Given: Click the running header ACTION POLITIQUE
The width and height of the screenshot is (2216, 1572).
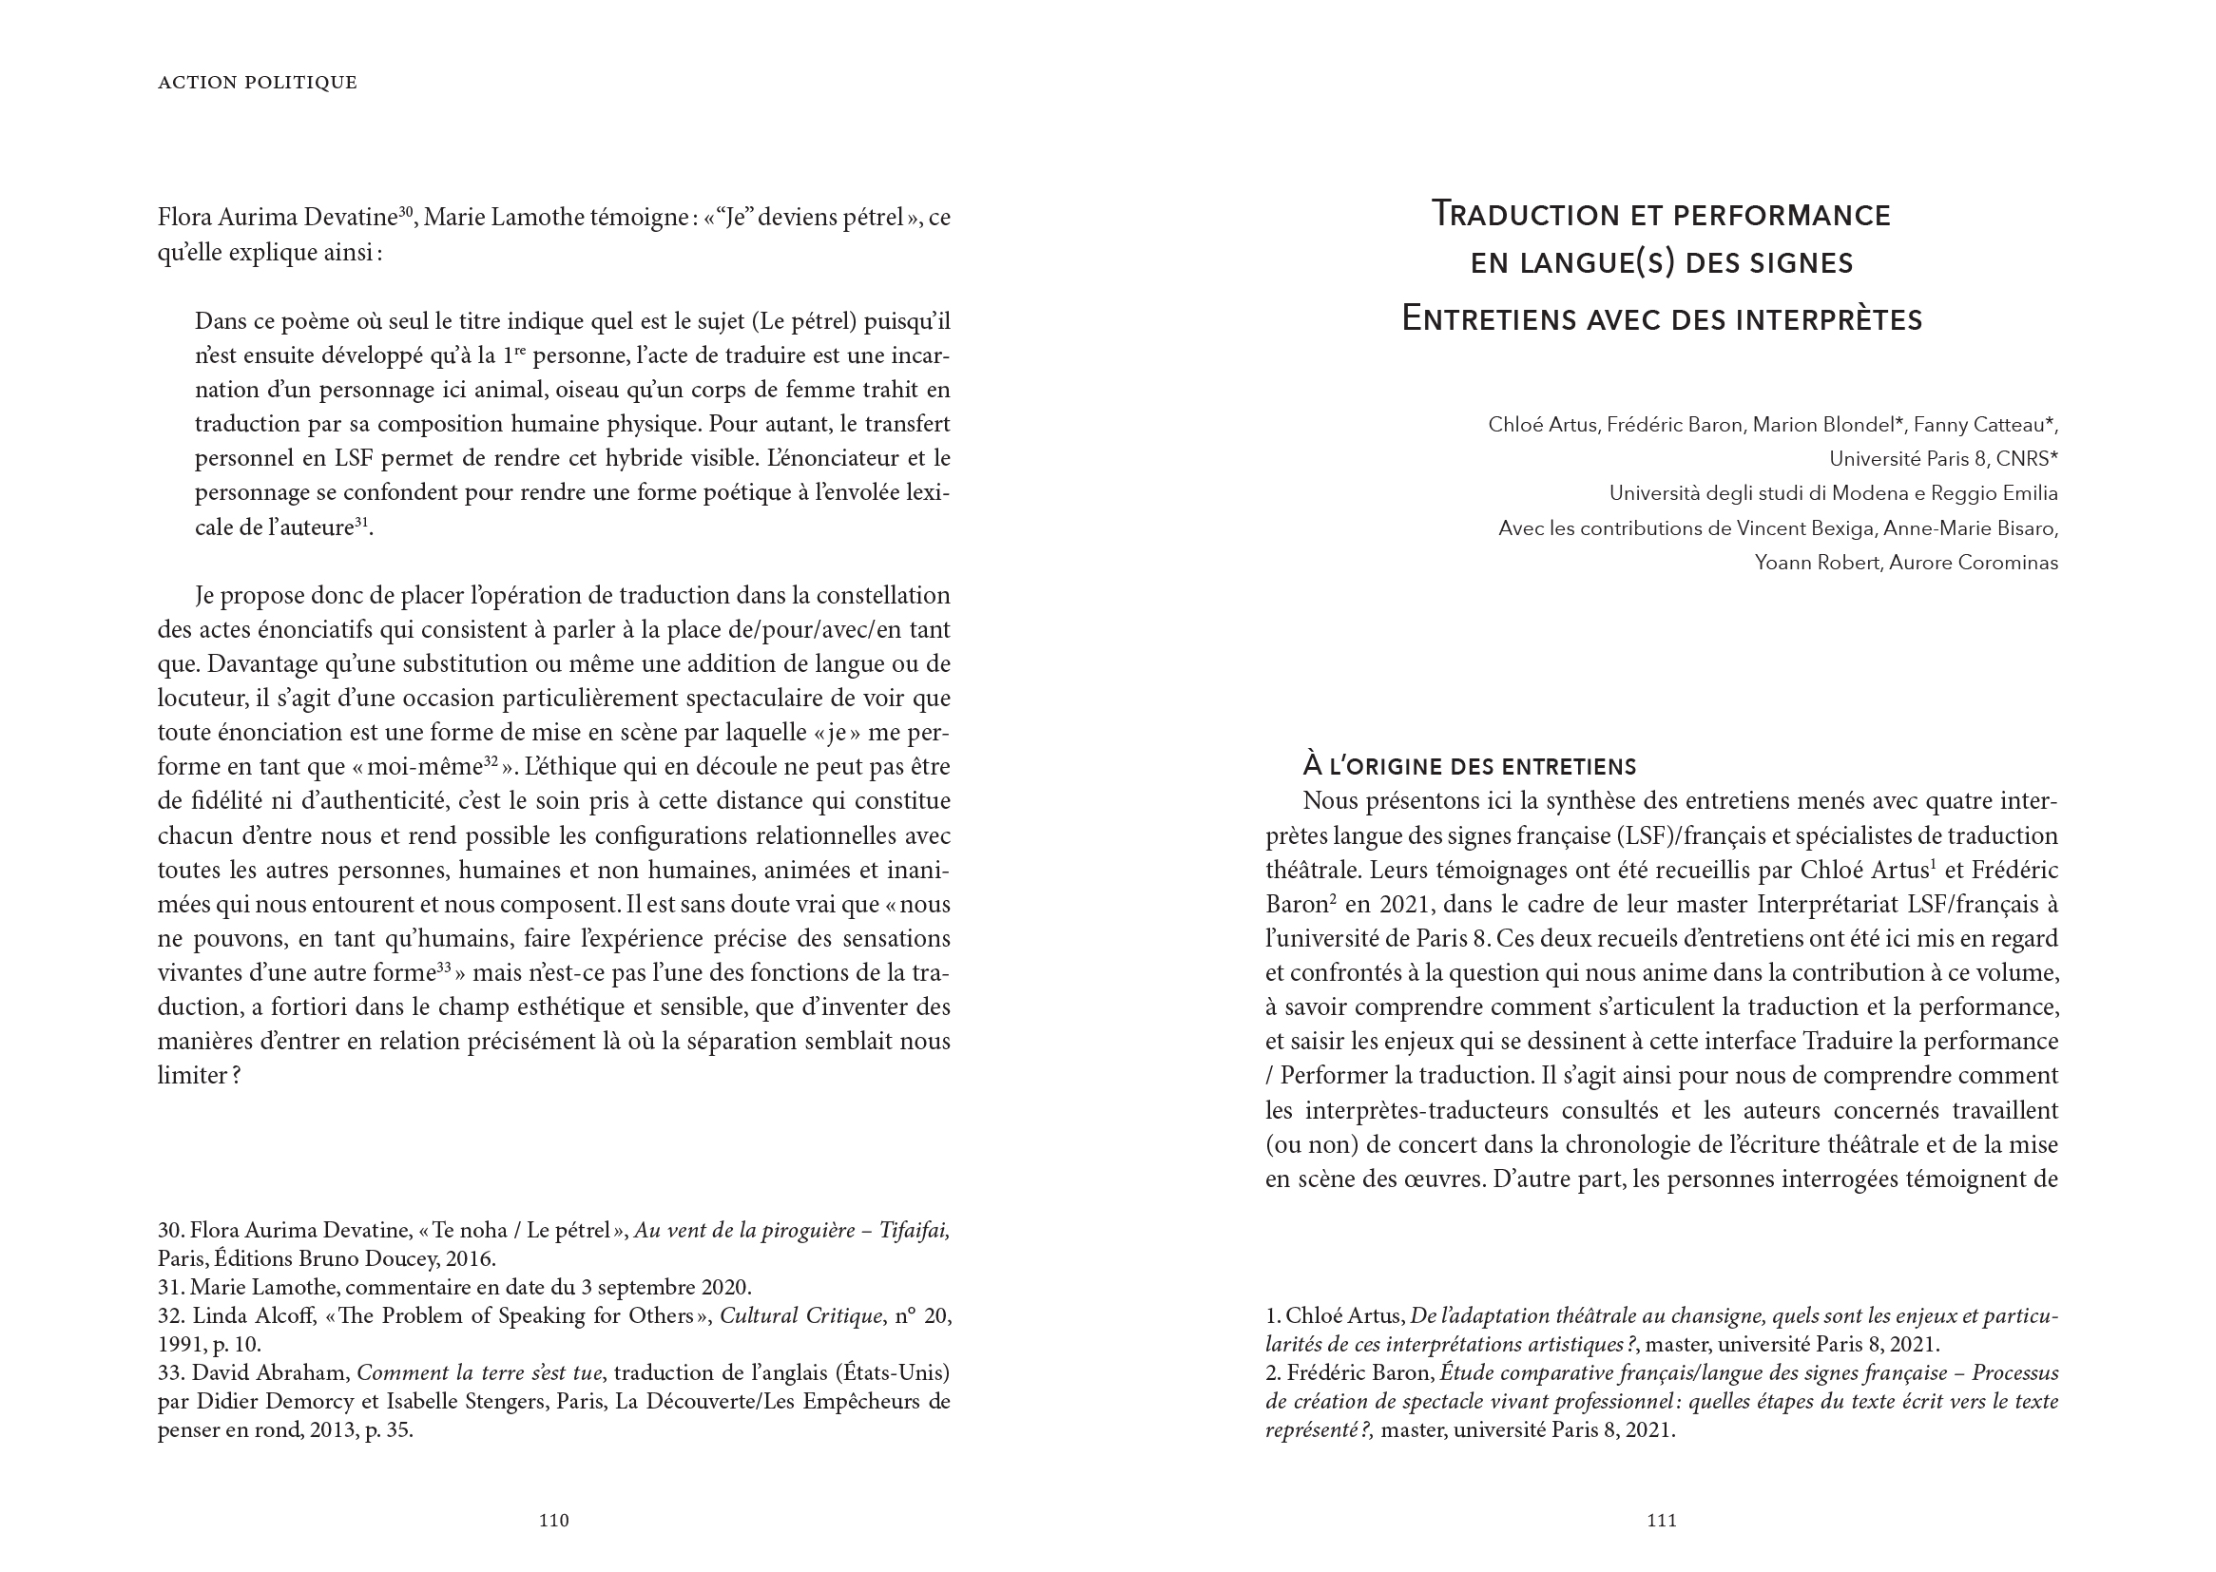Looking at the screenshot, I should tap(258, 84).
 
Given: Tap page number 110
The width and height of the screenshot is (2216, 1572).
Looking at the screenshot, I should tap(553, 1521).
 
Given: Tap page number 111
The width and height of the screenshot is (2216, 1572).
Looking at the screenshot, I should tap(1661, 1521).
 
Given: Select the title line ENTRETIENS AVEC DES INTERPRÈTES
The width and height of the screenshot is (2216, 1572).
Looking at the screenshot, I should tap(1661, 319).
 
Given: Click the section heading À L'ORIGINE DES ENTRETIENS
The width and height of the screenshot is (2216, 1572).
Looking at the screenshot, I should tap(1470, 767).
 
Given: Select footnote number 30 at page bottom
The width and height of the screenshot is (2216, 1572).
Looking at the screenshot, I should tap(170, 1231).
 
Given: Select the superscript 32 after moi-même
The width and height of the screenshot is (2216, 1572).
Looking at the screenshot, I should tap(491, 762).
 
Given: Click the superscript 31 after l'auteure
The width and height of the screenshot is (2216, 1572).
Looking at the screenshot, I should tap(361, 523).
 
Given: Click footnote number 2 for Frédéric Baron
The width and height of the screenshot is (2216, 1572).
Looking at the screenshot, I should tap(1272, 1373).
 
